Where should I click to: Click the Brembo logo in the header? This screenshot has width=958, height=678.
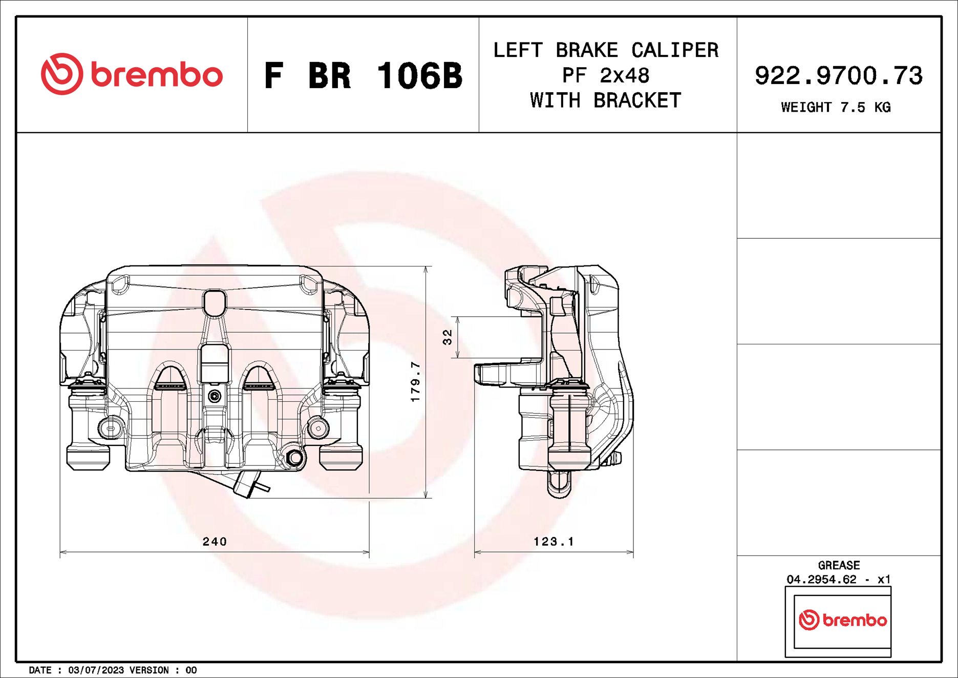tap(132, 74)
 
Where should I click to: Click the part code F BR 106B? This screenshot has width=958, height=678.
tap(363, 76)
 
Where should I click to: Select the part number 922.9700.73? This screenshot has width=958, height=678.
tap(838, 75)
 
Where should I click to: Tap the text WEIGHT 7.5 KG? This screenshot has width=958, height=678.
tap(835, 108)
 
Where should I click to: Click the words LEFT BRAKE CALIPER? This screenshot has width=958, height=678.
tap(606, 50)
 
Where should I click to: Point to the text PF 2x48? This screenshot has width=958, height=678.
tap(606, 75)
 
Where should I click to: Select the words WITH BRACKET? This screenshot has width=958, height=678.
tap(606, 100)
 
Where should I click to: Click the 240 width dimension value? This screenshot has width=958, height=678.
tap(215, 542)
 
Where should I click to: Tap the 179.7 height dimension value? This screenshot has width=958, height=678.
tap(415, 382)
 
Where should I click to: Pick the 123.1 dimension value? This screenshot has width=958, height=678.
tap(553, 542)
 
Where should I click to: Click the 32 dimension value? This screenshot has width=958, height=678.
tap(448, 337)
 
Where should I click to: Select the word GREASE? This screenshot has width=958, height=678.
tap(839, 565)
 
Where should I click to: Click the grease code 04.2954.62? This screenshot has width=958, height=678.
tap(821, 580)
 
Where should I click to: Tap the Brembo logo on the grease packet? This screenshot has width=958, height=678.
tap(842, 620)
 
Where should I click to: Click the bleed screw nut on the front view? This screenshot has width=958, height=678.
tap(294, 458)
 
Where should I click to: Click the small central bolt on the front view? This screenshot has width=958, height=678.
tap(215, 396)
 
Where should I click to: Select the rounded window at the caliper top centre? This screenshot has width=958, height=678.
tap(214, 303)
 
